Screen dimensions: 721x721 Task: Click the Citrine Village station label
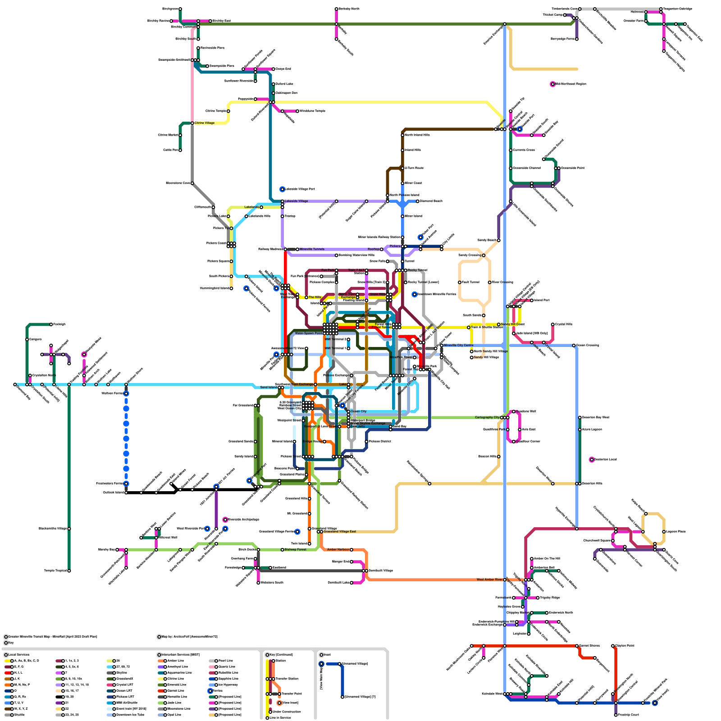(x=205, y=123)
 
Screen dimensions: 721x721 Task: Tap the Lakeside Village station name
(x=296, y=201)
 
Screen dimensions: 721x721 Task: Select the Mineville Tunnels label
(x=312, y=249)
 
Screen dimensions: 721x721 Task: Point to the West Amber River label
(x=489, y=580)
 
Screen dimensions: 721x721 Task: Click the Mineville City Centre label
(x=458, y=346)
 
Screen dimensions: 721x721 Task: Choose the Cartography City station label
(x=487, y=418)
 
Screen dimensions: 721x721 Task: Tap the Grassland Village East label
(x=340, y=532)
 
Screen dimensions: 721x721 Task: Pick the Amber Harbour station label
(x=338, y=550)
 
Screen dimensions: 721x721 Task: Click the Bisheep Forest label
(x=296, y=550)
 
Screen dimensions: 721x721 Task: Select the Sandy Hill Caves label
(x=513, y=324)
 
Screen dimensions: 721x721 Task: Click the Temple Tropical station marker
(x=69, y=571)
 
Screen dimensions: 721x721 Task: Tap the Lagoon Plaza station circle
(x=664, y=532)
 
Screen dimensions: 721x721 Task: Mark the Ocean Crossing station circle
(x=574, y=346)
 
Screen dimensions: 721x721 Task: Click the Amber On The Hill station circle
(x=532, y=559)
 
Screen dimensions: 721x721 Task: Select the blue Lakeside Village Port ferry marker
(x=282, y=189)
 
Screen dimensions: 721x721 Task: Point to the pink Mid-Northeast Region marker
(x=553, y=84)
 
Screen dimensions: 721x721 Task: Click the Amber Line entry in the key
(x=175, y=661)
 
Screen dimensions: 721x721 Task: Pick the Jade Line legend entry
(x=174, y=703)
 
